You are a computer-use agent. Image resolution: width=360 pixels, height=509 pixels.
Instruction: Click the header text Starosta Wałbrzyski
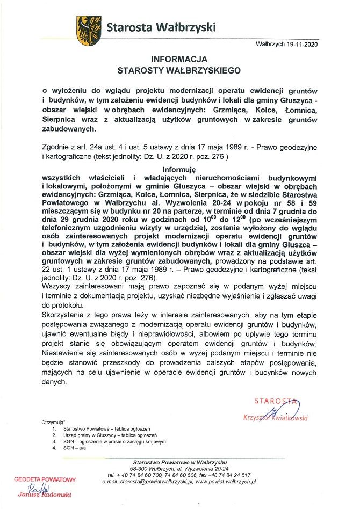161,26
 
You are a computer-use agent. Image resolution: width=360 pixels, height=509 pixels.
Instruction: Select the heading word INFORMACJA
179,59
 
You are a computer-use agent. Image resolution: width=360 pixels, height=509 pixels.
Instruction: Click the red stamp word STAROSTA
276,400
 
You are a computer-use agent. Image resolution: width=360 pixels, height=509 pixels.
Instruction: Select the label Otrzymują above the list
53,423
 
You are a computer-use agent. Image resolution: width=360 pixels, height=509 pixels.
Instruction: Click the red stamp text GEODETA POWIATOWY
45,479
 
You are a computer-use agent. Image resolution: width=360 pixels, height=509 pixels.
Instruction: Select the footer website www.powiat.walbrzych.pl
226,482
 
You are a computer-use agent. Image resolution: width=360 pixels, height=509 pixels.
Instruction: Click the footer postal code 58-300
141,469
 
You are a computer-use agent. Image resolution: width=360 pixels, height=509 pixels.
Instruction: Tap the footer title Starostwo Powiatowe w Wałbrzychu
180,462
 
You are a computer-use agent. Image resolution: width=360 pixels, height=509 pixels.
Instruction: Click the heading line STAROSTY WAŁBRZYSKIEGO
179,70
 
